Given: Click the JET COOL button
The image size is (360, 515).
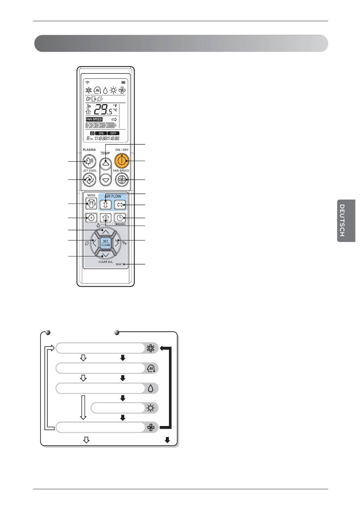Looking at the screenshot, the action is pyautogui.click(x=89, y=179).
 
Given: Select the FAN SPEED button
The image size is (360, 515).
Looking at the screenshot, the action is pyautogui.click(x=122, y=179).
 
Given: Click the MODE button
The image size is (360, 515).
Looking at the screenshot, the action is pyautogui.click(x=91, y=204).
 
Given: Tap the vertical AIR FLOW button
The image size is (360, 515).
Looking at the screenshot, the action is pyautogui.click(x=106, y=204).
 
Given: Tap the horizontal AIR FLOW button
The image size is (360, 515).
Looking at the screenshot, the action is pyautogui.click(x=120, y=204).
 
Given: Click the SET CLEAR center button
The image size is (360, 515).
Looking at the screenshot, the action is pyautogui.click(x=105, y=243).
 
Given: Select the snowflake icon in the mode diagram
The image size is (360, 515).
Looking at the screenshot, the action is pyautogui.click(x=151, y=348).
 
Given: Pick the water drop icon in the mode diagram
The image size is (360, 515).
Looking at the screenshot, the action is pyautogui.click(x=151, y=389).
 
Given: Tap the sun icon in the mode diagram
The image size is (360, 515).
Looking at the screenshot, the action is pyautogui.click(x=151, y=408).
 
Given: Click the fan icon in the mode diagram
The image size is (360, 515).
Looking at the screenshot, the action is pyautogui.click(x=151, y=428).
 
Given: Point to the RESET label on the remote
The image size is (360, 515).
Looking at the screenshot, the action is pyautogui.click(x=119, y=264).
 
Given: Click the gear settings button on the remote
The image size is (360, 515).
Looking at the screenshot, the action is pyautogui.click(x=91, y=218).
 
